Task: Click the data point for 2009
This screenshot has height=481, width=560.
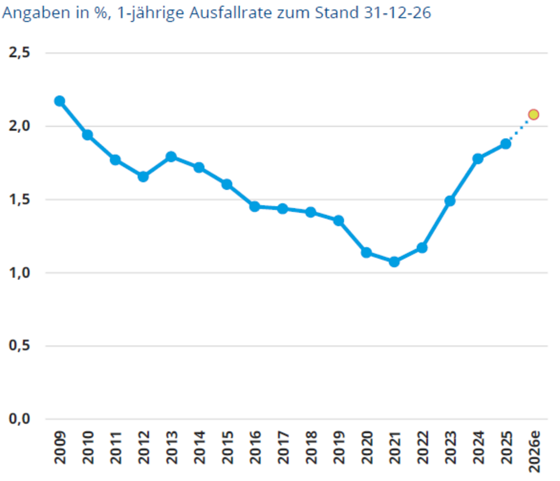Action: (59, 101)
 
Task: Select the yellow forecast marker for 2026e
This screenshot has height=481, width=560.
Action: (533, 114)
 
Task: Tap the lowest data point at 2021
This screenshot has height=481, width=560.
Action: (394, 262)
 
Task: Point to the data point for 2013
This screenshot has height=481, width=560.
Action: (171, 157)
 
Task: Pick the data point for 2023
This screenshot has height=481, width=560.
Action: (450, 201)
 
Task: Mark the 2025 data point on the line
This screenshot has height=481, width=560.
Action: (505, 143)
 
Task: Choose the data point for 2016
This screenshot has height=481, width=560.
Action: (255, 206)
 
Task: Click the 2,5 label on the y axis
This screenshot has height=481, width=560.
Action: (19, 53)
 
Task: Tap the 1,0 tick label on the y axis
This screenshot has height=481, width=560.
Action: (19, 273)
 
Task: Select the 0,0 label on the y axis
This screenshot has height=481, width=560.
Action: (19, 419)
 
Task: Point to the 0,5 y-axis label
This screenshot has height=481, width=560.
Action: (19, 346)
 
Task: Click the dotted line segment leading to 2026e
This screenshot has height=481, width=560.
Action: (519, 129)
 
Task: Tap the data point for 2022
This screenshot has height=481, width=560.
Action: (422, 247)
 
